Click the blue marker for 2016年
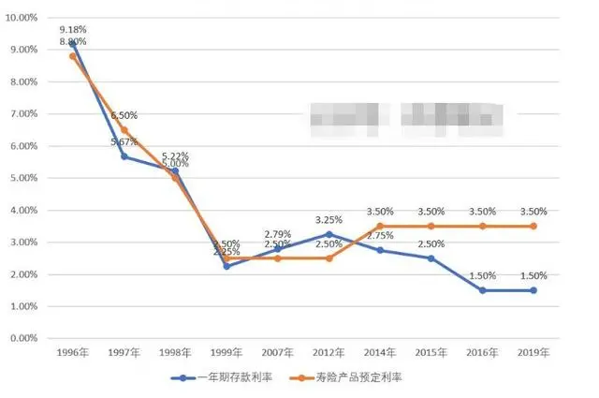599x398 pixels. (483, 290)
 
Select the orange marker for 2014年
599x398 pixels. (380, 226)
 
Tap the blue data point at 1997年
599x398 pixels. (124, 156)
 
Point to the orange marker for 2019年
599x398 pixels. (534, 226)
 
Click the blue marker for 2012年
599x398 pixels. (329, 234)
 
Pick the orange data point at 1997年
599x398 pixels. (124, 130)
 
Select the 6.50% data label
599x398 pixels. (124, 115)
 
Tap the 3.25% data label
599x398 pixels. (329, 219)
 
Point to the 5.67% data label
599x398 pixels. (124, 141)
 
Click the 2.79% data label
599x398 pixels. (278, 233)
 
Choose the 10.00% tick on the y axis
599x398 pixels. (22, 18)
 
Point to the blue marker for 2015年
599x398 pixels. (431, 258)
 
